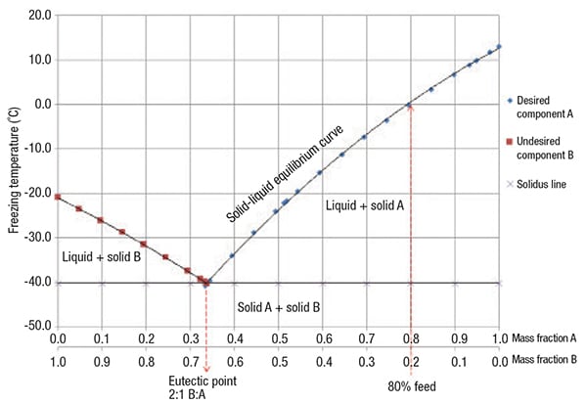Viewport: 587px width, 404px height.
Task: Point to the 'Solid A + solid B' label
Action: click(279, 306)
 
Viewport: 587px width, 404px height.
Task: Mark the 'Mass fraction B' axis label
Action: click(548, 359)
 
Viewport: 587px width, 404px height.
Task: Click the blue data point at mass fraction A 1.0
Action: click(499, 46)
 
